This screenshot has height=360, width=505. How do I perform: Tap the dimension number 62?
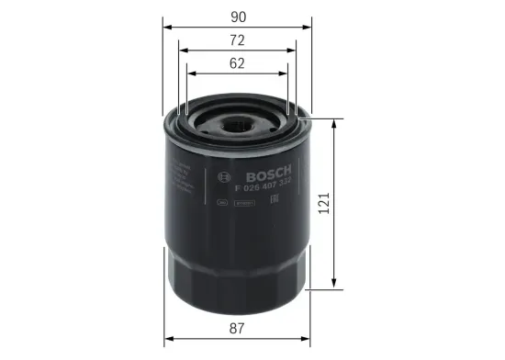(x=238, y=64)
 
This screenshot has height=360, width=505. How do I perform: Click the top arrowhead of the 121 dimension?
(x=333, y=121)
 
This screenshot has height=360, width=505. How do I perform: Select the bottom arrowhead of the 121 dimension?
(x=333, y=287)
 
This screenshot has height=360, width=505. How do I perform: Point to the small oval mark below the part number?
(x=221, y=204)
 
